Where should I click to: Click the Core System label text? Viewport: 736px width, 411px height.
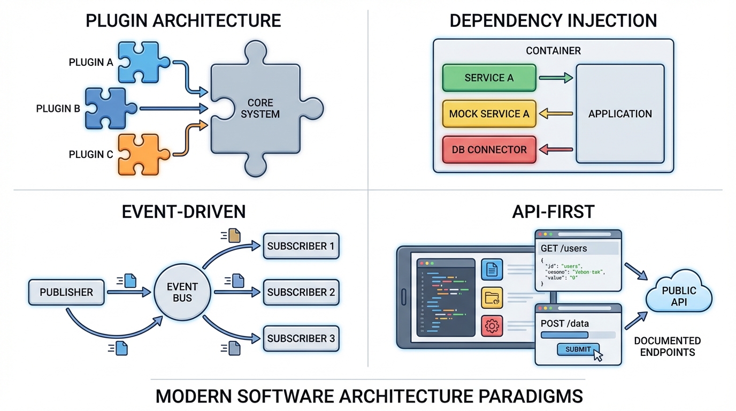260,108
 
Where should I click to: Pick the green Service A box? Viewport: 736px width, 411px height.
489,78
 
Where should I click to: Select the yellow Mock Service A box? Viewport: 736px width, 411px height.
489,113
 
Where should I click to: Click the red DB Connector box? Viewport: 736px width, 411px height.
489,150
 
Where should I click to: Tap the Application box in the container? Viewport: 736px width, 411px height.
620,113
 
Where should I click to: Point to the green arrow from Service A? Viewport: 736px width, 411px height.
556,78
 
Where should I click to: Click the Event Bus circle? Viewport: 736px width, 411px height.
182,292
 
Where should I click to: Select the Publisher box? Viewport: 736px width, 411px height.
66,292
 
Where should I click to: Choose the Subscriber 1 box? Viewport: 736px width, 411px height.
301,246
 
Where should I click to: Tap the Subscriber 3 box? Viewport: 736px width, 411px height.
301,338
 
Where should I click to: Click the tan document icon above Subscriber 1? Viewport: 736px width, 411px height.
234,235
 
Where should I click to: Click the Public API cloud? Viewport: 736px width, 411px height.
679,296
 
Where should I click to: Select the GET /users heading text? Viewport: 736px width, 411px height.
564,248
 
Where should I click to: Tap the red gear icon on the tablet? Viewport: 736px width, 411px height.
492,325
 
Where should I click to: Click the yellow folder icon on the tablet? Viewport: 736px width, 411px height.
492,298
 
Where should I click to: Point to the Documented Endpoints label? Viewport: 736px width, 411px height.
667,346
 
